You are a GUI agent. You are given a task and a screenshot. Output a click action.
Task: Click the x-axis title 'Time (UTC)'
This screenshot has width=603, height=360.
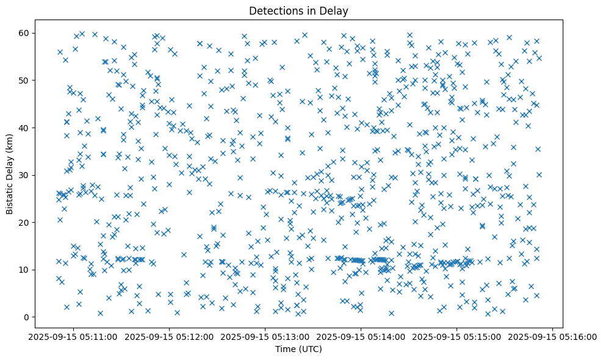tap(299, 350)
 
